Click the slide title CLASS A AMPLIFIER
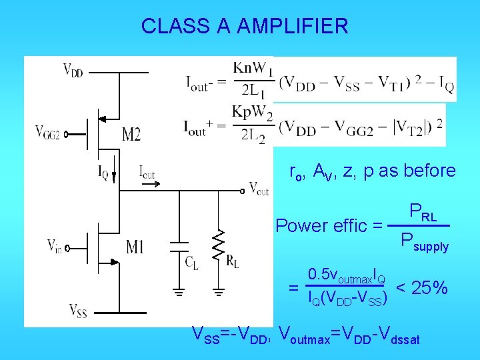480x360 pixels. pos(244,26)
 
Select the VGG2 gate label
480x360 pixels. pos(47,132)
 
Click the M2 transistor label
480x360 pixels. pos(131,135)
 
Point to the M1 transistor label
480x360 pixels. pos(133,249)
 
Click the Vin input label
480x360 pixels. pos(56,245)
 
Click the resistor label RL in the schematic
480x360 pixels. pos(233,261)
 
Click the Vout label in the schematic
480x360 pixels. pos(258,189)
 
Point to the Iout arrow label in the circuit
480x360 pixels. pos(147,173)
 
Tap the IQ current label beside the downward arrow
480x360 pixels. pos(103,175)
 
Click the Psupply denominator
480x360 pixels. pos(424,241)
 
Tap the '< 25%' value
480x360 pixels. pos(421,288)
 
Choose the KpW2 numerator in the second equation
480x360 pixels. pos(253,112)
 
